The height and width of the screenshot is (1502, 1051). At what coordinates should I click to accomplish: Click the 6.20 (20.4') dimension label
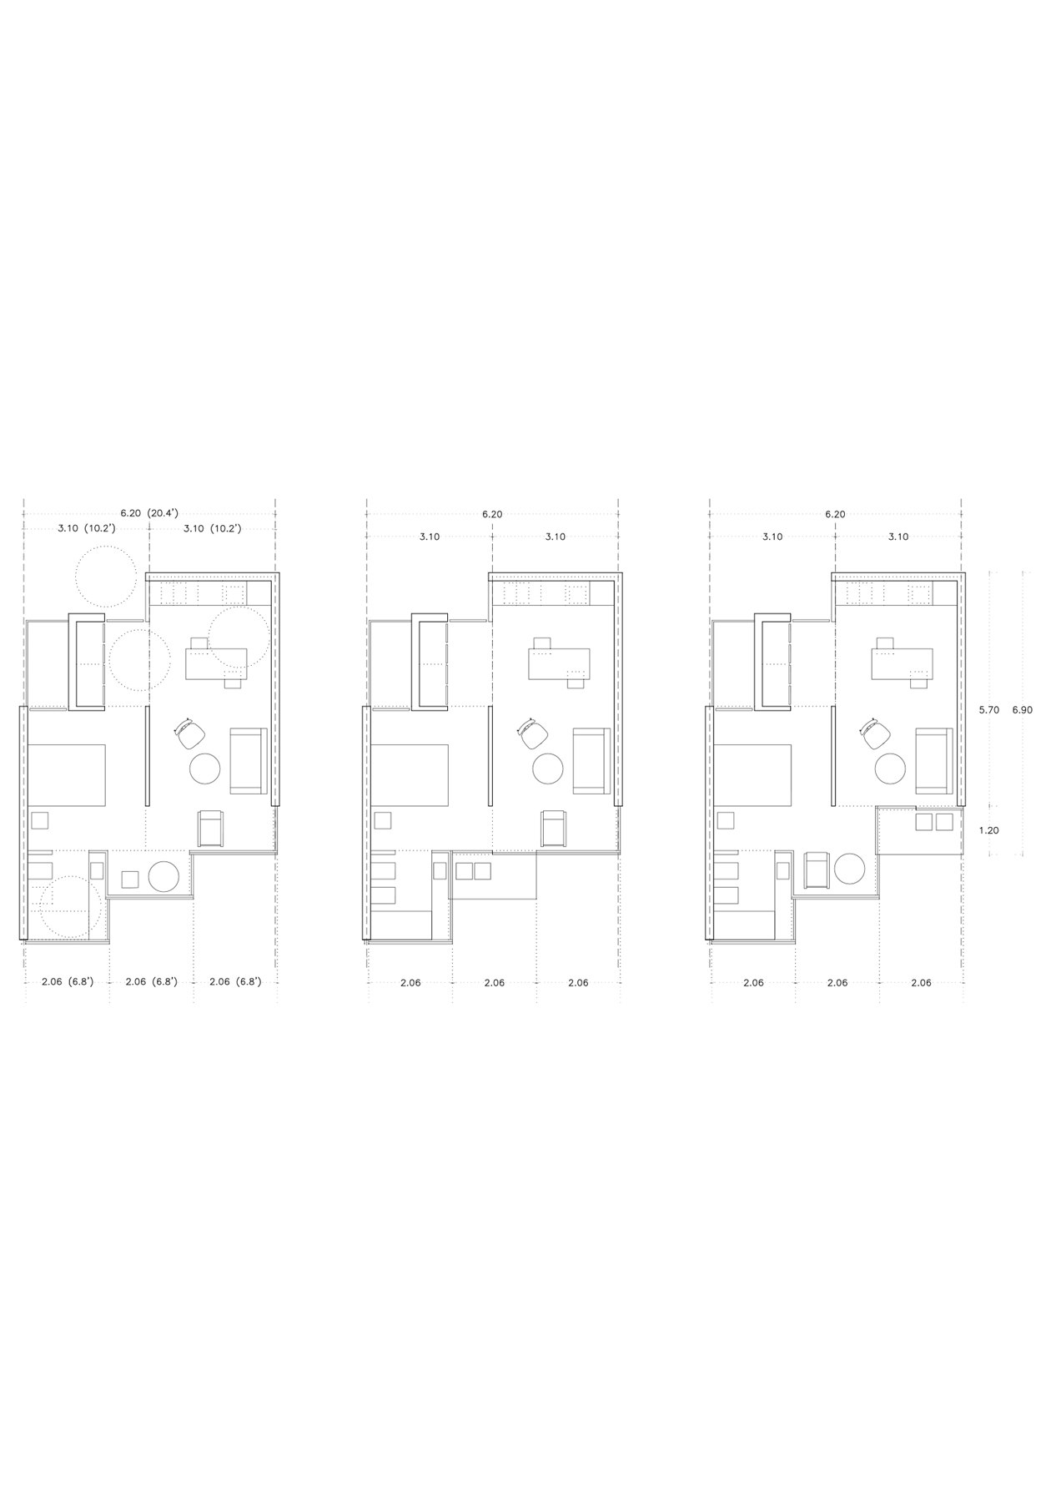click(149, 514)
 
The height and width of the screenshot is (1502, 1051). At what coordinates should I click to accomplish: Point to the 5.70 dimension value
click(988, 710)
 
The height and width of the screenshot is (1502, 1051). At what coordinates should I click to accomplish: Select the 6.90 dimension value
click(1022, 710)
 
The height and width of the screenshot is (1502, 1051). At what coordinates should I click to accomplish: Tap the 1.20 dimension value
click(988, 830)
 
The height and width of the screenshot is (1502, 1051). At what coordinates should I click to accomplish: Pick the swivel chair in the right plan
click(874, 733)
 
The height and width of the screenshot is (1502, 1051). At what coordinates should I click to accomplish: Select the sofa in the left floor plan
click(249, 761)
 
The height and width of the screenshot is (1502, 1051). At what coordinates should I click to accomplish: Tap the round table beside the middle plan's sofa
click(548, 769)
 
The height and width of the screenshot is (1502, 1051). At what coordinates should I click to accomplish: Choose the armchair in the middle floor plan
click(554, 828)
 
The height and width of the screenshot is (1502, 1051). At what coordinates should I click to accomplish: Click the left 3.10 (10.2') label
click(86, 529)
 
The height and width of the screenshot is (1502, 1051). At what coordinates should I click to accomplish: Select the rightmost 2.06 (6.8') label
click(234, 982)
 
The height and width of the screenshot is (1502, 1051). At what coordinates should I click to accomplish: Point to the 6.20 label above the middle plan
click(492, 514)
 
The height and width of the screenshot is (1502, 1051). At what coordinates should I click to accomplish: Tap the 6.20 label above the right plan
click(835, 514)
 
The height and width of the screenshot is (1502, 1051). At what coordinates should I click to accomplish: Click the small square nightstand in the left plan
click(40, 820)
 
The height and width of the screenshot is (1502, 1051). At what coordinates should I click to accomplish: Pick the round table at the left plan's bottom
click(164, 876)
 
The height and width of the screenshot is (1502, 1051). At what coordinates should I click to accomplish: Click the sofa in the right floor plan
click(934, 761)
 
